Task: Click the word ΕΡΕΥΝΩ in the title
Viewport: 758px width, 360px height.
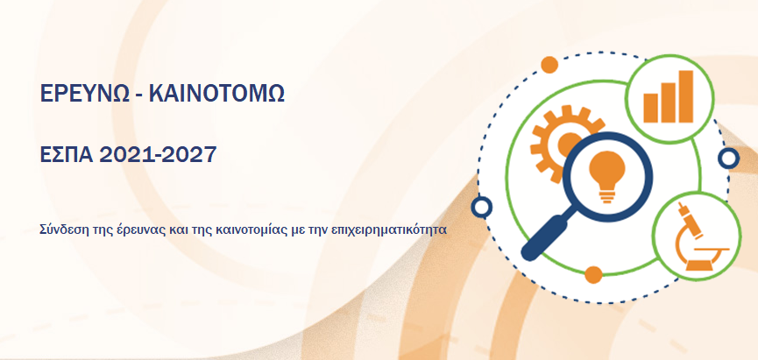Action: click(x=85, y=94)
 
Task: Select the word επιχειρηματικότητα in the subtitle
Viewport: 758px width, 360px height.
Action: click(x=389, y=229)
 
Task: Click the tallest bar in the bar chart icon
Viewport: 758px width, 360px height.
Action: click(x=685, y=96)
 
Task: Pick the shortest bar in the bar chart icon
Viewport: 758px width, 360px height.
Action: click(x=651, y=108)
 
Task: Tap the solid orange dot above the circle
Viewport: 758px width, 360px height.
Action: click(x=549, y=65)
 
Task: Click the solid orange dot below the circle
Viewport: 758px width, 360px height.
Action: click(x=593, y=274)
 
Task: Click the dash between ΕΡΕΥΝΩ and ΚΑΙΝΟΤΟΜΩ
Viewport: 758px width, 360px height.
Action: click(x=138, y=96)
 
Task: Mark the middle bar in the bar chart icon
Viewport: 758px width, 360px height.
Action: click(x=669, y=102)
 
